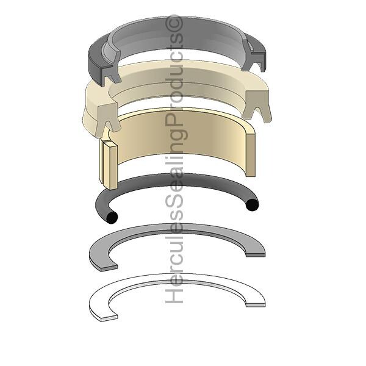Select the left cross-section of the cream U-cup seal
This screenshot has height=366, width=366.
pos(108,119)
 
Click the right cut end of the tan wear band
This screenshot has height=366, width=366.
pos(251,154)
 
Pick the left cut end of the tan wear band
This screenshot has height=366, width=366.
pos(109,163)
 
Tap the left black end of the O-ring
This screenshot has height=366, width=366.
pos(112,218)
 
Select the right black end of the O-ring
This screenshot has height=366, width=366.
pos(253,205)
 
